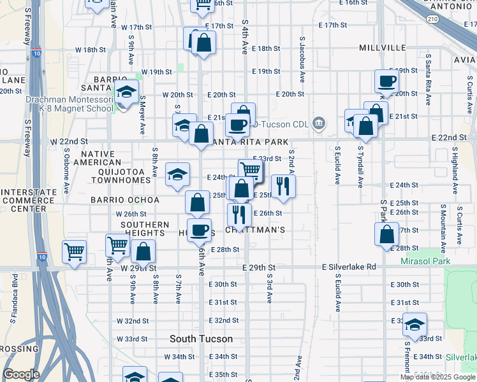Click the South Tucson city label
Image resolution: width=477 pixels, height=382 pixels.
pos(201,339)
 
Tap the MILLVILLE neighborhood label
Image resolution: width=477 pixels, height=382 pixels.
pos(382,48)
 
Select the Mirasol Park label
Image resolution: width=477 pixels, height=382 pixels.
pos(425,261)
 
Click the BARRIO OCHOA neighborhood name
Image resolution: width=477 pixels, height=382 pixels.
pos(125,200)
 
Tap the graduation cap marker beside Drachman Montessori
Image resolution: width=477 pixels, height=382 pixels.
pos(127,92)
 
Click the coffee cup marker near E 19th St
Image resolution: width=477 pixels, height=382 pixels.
pos(386,81)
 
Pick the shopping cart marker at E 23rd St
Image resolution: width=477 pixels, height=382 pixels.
pos(251,169)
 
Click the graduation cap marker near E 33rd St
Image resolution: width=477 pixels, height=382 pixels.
pos(415,325)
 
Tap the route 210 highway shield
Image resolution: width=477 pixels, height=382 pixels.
pos(433,20)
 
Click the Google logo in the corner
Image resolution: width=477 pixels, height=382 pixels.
pos(21,374)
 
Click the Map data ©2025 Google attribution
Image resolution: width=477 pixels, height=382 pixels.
pos(438,377)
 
